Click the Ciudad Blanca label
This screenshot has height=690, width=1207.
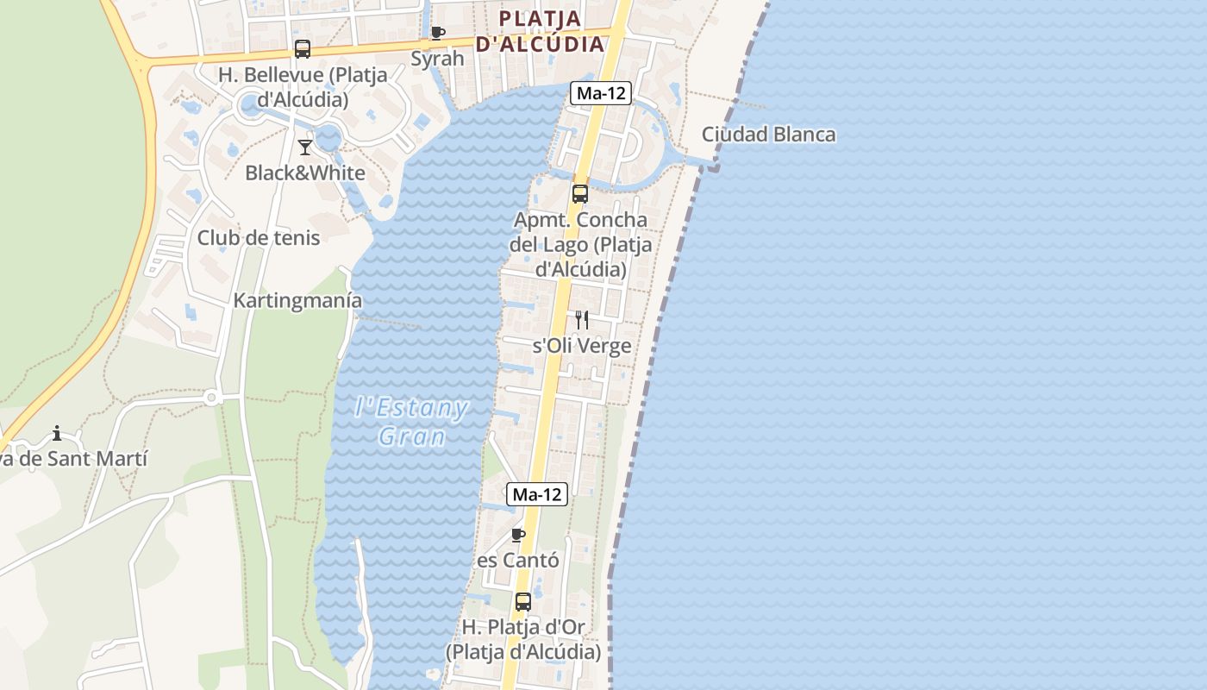click(768, 135)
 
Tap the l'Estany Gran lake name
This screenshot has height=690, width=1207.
click(412, 422)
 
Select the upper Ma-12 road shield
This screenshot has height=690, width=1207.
click(601, 93)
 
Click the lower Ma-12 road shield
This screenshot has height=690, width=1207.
click(537, 494)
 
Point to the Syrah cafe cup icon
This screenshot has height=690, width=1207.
click(438, 34)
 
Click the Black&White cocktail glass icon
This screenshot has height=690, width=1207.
click(305, 147)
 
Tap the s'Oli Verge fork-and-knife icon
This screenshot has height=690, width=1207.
click(582, 320)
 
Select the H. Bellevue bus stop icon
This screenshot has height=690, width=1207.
click(302, 49)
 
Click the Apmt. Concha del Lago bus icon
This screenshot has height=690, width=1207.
click(580, 194)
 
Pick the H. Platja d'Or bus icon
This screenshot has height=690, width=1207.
click(523, 602)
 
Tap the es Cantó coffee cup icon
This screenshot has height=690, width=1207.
click(518, 536)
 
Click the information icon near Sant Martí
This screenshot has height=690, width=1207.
click(57, 433)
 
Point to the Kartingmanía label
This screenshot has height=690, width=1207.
click(297, 301)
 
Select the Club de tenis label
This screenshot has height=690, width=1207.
click(259, 238)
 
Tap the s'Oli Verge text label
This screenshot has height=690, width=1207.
click(582, 346)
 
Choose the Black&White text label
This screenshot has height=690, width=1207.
click(305, 172)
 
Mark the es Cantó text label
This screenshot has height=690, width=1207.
click(518, 561)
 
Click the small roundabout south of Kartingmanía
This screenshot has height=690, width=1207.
click(211, 398)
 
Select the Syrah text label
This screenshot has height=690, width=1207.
click(437, 59)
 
